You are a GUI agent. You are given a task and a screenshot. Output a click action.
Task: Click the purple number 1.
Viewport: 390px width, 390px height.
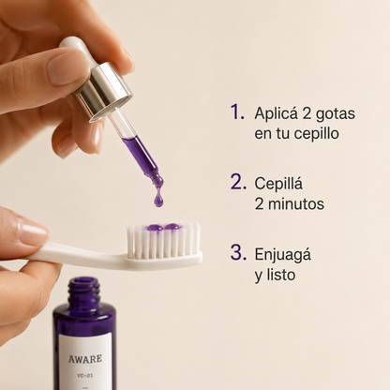click(236, 112)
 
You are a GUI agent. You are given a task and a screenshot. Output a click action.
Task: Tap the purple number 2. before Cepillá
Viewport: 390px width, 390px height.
click(238, 182)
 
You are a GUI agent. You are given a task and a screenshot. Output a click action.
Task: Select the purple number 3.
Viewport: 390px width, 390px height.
click(238, 252)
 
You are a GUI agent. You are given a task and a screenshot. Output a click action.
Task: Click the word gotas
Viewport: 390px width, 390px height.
click(336, 114)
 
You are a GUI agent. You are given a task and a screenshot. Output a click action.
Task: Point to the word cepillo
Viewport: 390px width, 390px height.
click(317, 134)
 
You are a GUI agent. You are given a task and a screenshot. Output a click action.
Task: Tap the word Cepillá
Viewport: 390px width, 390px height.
click(278, 183)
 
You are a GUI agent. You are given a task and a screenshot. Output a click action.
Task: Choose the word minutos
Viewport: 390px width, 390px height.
click(296, 203)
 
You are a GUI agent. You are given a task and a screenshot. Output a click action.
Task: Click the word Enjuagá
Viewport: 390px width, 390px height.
click(283, 255)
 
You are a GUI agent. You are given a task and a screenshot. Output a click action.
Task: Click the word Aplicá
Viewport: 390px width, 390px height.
click(277, 113)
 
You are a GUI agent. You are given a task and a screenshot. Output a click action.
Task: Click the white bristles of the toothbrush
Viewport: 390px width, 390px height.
click(164, 240)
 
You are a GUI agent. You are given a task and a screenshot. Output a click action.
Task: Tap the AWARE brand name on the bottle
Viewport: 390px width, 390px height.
click(85, 359)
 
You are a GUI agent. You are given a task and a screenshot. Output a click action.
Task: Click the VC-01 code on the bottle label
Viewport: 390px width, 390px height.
click(85, 376)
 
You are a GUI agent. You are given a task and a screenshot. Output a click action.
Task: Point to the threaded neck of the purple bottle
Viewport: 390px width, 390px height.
click(84, 291)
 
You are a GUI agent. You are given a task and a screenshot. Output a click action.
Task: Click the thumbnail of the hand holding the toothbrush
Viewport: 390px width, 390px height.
click(33, 232)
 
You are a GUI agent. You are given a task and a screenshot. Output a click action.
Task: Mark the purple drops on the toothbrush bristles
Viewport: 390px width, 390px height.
click(163, 227)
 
